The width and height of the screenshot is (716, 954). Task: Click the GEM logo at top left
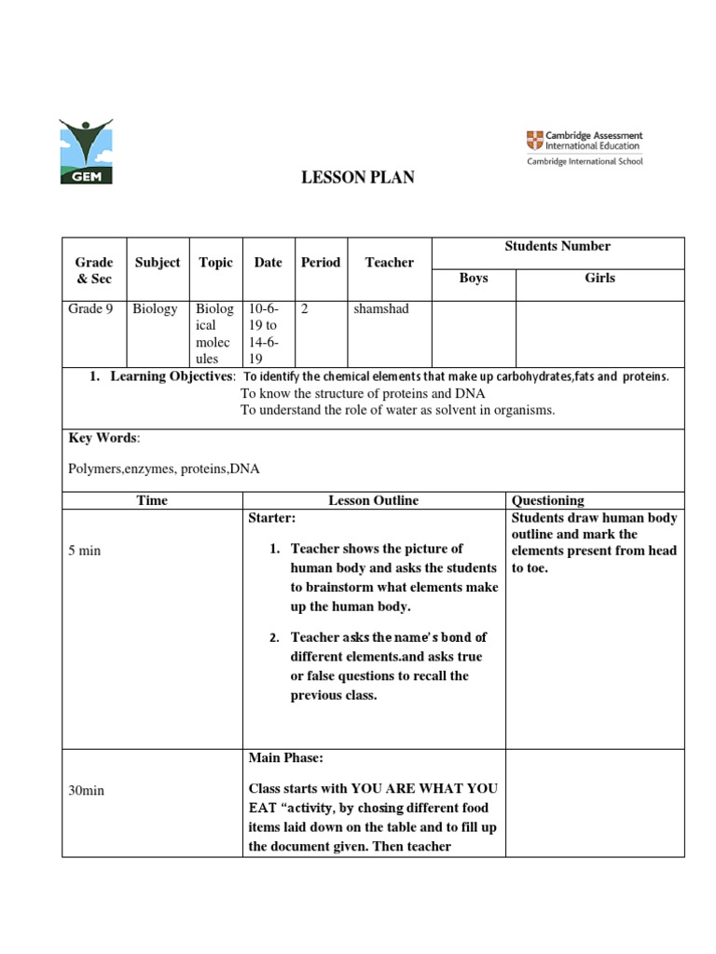85,151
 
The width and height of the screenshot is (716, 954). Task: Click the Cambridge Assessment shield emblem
533,141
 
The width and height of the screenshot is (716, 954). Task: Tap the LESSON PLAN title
357,179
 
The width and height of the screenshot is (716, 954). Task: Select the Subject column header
158,263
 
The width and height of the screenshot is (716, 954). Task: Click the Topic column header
216,263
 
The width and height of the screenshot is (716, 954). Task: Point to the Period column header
321,263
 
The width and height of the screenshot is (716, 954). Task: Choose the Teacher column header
389,263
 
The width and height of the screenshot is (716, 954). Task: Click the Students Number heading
558,247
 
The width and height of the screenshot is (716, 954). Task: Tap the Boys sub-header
474,278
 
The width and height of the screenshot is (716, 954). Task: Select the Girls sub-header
599,278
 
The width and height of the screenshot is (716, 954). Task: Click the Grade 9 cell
91,309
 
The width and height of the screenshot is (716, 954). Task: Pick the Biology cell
155,309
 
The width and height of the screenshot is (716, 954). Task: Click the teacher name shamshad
381,309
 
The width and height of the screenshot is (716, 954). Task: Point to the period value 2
305,309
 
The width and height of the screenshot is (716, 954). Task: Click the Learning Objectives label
172,376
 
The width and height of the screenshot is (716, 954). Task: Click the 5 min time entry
84,551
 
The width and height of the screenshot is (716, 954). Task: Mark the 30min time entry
88,790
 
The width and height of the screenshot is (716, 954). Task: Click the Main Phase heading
284,758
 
